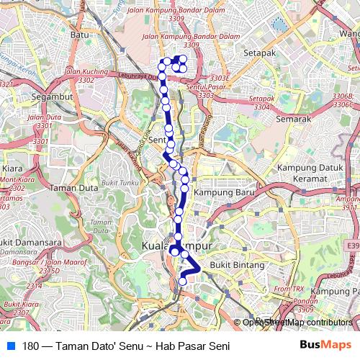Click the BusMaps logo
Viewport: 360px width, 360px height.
pyautogui.click(x=326, y=346)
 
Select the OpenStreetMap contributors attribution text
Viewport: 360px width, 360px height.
pyautogui.click(x=297, y=323)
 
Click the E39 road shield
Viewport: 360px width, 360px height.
pyautogui.click(x=352, y=246)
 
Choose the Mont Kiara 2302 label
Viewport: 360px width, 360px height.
pyautogui.click(x=12, y=184)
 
